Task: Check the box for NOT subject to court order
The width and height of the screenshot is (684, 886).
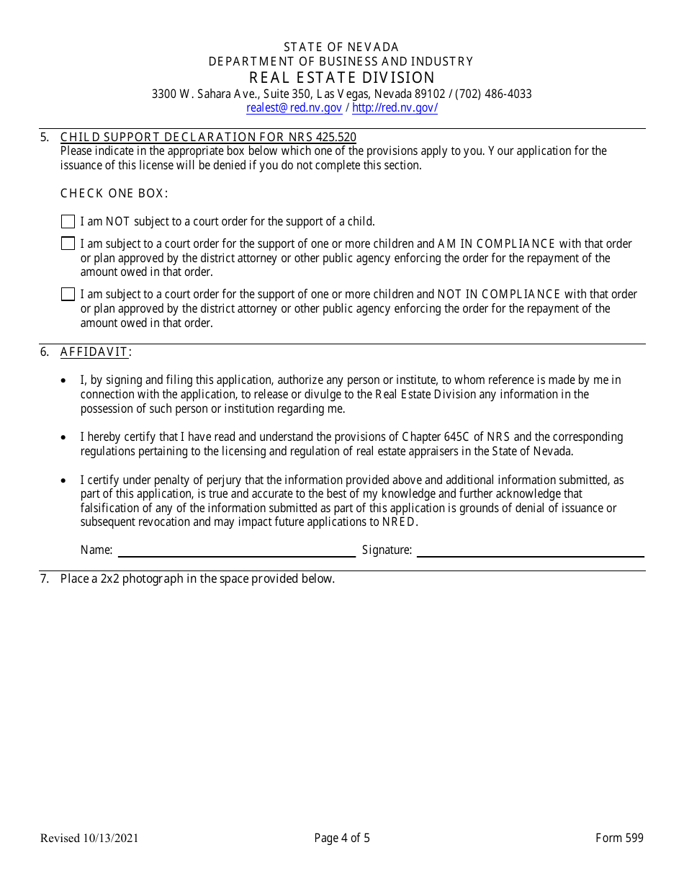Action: tap(68, 222)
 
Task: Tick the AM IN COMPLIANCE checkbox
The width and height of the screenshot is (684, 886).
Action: tap(68, 243)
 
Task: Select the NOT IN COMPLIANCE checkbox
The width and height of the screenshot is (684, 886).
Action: tap(68, 294)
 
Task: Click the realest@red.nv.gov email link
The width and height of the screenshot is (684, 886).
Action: tap(294, 108)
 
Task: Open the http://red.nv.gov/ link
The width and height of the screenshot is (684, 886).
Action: tap(395, 108)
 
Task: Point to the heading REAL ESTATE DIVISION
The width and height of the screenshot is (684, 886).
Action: tap(342, 78)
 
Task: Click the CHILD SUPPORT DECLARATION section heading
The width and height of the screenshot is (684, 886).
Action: tap(208, 137)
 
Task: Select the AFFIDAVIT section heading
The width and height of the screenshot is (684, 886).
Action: tap(94, 352)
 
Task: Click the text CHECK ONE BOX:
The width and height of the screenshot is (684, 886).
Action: tap(114, 193)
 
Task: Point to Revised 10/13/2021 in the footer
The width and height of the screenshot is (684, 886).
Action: tap(89, 838)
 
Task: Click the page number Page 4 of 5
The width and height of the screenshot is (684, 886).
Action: tap(342, 838)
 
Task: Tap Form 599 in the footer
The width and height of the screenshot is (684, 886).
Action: tap(619, 838)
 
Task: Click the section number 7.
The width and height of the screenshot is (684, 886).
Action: tap(45, 578)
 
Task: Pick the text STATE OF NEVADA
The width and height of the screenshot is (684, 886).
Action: tap(341, 47)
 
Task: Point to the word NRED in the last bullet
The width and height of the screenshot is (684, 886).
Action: tap(399, 522)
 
